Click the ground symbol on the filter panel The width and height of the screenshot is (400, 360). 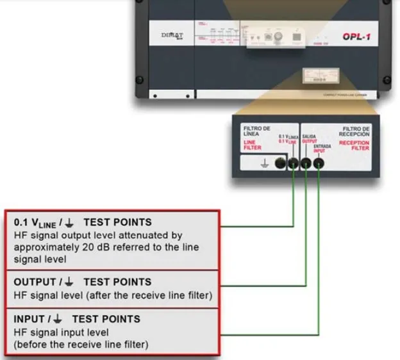click(263, 163)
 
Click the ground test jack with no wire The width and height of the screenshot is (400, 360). click(281, 163)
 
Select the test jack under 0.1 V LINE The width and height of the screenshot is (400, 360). click(293, 163)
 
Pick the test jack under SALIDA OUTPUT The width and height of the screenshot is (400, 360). click(305, 163)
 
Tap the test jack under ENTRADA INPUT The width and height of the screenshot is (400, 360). click(318, 163)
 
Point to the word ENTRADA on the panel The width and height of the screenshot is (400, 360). click(322, 147)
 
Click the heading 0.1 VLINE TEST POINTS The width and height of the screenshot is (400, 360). click(83, 222)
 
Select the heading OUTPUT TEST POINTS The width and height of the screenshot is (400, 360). click(83, 281)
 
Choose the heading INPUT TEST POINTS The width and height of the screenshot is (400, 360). click(77, 318)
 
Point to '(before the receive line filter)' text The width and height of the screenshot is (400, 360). click(81, 344)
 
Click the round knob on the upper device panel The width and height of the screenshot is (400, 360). click(278, 37)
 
